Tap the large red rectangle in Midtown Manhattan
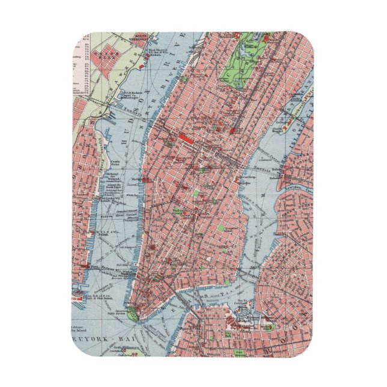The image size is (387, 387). pyautogui.click(x=184, y=139)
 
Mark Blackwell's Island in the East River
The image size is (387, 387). pyautogui.click(x=294, y=123)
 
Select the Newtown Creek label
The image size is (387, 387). pyautogui.click(x=300, y=187)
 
